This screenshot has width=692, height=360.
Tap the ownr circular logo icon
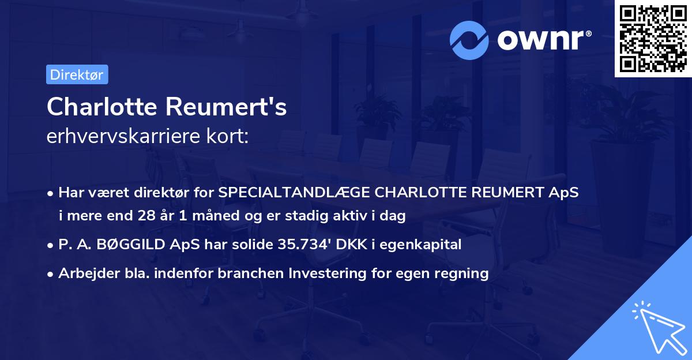[x=470, y=39]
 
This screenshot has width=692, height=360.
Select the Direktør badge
[x=77, y=74]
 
